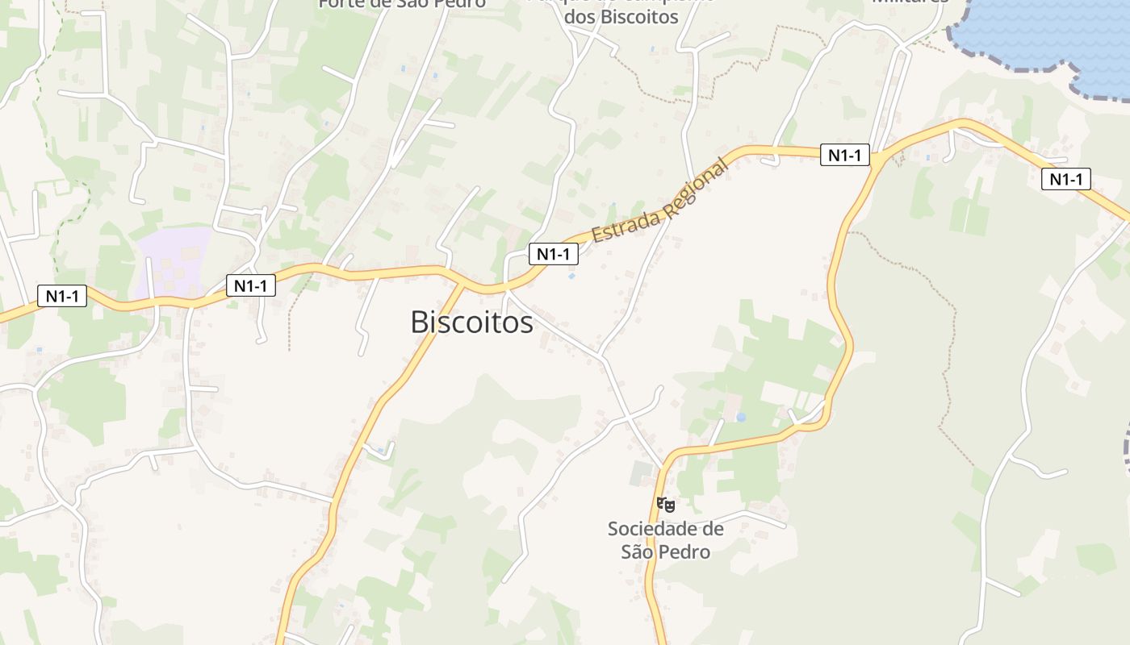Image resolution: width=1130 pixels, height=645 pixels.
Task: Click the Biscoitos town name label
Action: coord(471,322)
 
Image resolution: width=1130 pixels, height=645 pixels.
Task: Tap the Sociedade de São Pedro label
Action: coord(666,540)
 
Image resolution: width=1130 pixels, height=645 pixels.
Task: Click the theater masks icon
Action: coord(666,505)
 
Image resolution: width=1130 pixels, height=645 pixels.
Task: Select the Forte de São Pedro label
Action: coord(402,3)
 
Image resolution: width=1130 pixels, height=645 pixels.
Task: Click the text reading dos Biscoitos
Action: coord(621,18)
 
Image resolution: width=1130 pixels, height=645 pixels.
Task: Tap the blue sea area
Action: coord(1049,32)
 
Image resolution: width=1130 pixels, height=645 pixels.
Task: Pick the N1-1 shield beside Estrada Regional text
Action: coord(554,254)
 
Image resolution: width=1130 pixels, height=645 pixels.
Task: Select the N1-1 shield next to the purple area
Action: coord(251,285)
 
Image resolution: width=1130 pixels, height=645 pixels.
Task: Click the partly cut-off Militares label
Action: coord(910,2)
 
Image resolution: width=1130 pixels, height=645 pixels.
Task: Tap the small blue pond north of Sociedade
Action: coord(741,418)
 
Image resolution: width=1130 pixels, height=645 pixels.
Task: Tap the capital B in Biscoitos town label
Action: coord(419,322)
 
